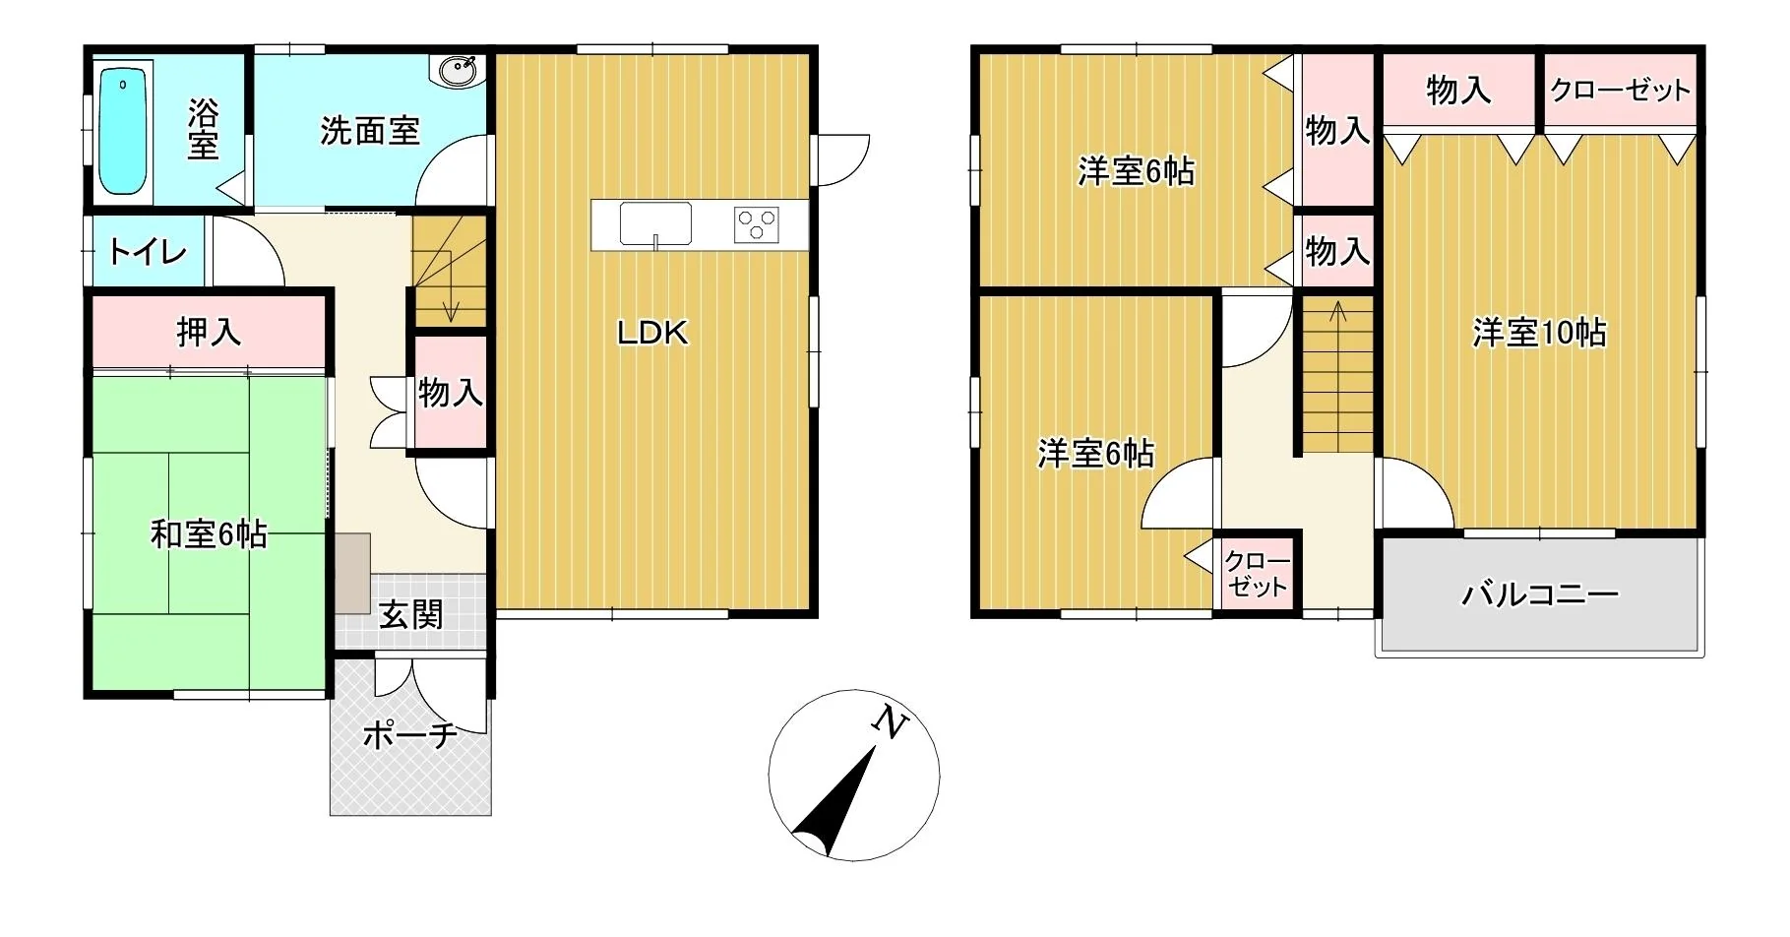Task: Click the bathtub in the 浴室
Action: click(x=124, y=131)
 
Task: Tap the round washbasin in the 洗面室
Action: click(x=459, y=71)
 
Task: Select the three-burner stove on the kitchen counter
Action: click(x=756, y=225)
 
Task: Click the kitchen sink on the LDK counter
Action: click(x=654, y=224)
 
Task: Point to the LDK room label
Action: click(x=652, y=333)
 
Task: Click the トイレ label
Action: click(x=148, y=252)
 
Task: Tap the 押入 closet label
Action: click(x=209, y=332)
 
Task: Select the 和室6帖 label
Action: click(x=209, y=534)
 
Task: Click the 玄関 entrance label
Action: click(x=411, y=614)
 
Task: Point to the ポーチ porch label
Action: click(x=410, y=734)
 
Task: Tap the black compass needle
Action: click(x=834, y=802)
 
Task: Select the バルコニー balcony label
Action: click(x=1540, y=594)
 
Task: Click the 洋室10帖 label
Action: click(x=1539, y=333)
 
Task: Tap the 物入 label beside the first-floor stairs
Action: click(x=451, y=393)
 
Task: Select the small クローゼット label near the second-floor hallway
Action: click(x=1257, y=574)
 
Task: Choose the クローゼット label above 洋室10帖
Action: click(x=1620, y=91)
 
